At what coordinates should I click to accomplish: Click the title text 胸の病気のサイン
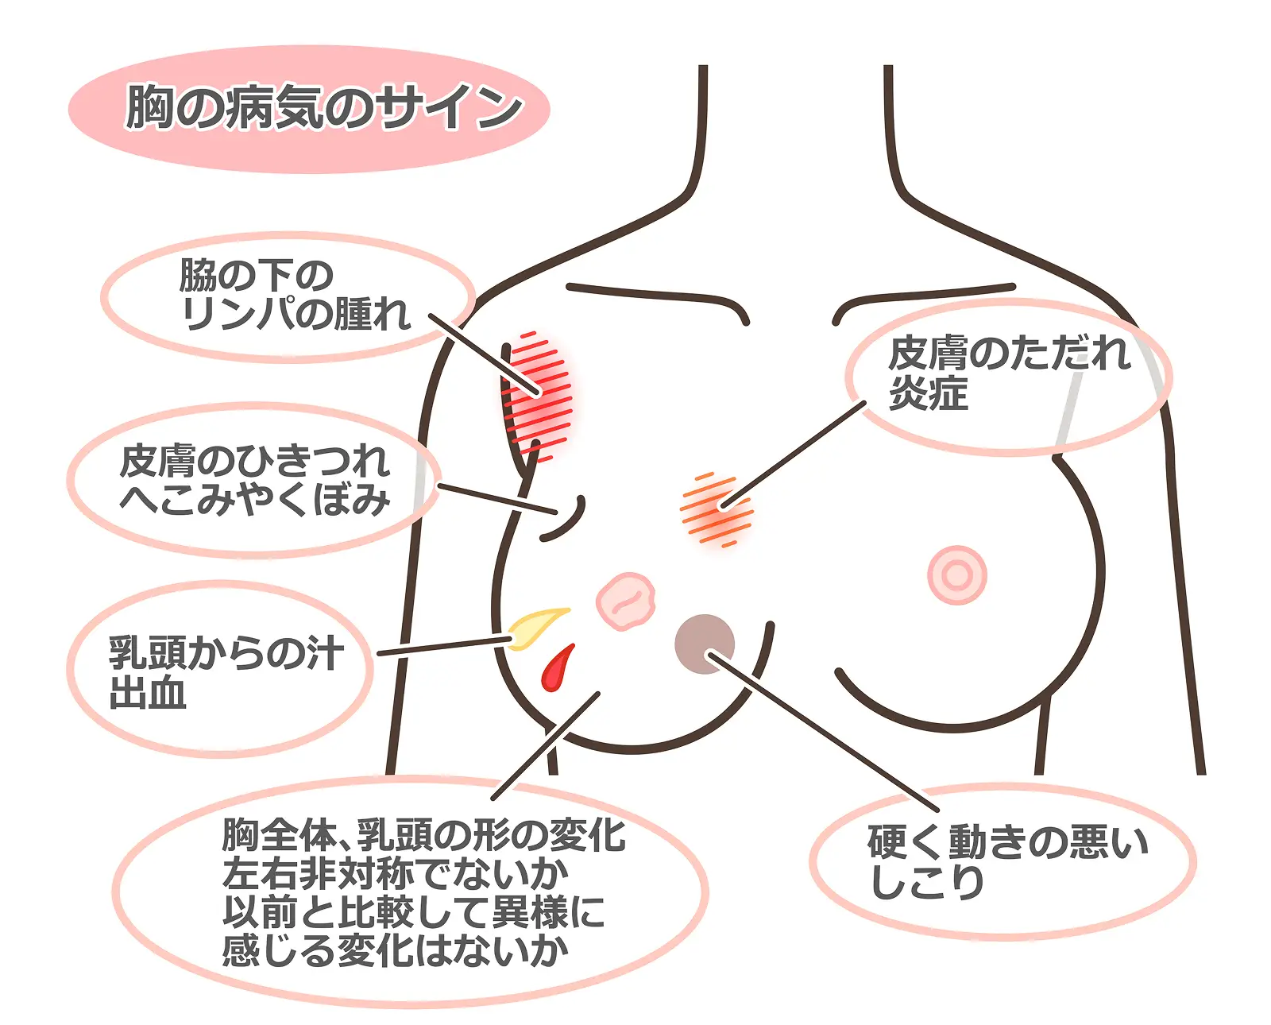(324, 107)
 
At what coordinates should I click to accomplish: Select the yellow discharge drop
(537, 628)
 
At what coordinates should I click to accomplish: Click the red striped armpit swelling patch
(538, 396)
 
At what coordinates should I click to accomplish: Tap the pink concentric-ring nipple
(957, 574)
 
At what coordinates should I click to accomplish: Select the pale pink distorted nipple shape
(626, 601)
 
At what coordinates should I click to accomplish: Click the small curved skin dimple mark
(564, 518)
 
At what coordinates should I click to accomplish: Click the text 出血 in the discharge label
(148, 693)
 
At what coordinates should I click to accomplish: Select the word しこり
(926, 882)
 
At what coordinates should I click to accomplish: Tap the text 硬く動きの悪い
(1007, 842)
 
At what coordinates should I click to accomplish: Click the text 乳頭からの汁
(226, 654)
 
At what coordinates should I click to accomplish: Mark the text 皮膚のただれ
(1009, 354)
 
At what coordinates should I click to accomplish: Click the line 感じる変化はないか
(395, 951)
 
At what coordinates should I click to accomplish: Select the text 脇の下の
(256, 276)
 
